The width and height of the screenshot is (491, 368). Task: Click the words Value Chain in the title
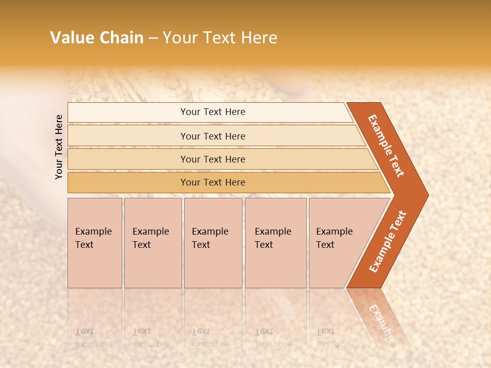coord(97,38)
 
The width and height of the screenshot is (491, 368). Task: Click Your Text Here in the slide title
coord(220,38)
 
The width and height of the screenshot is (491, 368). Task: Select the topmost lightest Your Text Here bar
coord(213,112)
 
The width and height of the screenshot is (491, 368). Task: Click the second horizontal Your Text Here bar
coord(213,136)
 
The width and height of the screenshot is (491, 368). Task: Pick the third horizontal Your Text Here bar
coord(213,159)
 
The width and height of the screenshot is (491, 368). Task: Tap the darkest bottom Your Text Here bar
coord(213,182)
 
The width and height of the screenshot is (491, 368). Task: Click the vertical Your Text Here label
coord(59,147)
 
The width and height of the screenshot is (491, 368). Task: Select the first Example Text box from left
coord(95,243)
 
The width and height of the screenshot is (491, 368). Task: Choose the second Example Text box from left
coord(152,243)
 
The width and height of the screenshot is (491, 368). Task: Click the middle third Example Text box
coord(213,243)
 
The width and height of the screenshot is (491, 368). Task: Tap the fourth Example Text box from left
coord(275,243)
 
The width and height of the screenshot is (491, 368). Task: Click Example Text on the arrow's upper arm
coord(387,146)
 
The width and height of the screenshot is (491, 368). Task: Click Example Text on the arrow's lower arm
coord(388,241)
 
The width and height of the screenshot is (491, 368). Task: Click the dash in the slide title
coord(153,38)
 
